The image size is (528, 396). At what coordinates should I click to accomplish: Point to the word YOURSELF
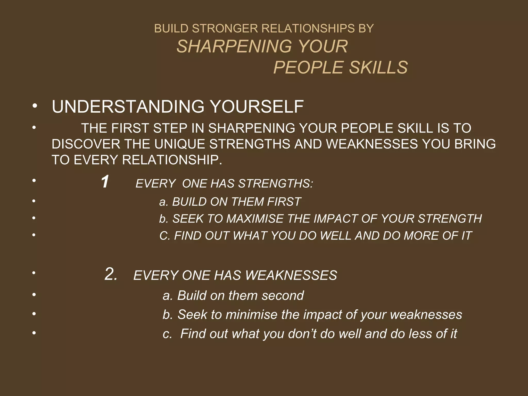[x=257, y=106]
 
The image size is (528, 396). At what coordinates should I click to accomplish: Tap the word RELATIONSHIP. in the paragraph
[x=172, y=160]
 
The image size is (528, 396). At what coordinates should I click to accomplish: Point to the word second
[x=283, y=295]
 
